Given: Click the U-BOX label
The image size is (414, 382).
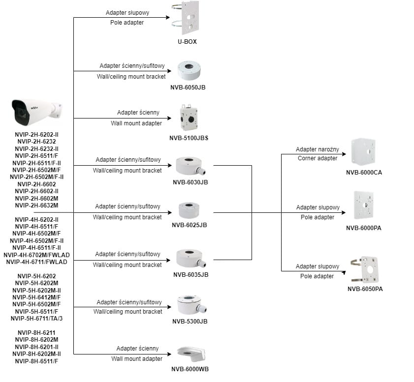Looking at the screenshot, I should [187, 42].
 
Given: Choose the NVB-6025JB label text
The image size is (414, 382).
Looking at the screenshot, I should [189, 225].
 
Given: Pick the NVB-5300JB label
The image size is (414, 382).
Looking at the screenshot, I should [190, 321].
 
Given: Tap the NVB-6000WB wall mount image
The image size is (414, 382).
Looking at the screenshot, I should [191, 354].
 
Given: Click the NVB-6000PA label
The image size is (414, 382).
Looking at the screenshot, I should [364, 228].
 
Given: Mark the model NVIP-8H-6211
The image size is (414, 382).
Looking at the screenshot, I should [37, 332].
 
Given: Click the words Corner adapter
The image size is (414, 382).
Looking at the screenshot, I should [318, 158].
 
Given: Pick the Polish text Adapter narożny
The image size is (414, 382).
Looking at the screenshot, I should [318, 149].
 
